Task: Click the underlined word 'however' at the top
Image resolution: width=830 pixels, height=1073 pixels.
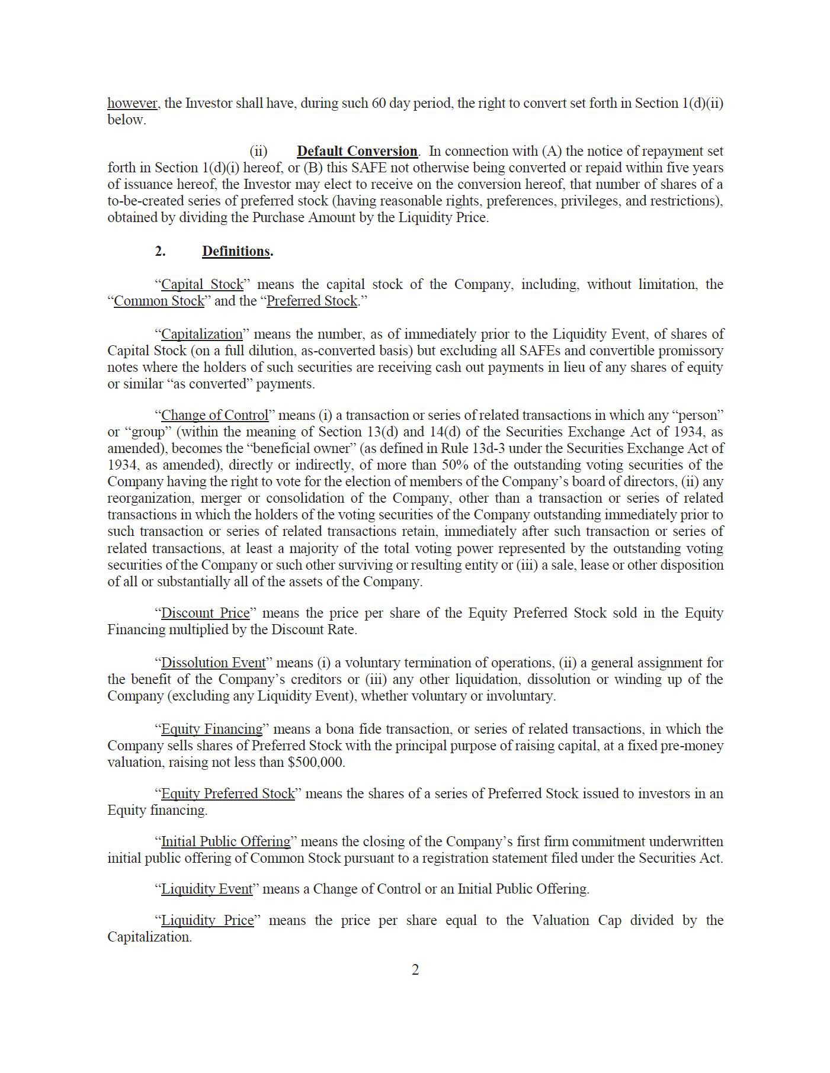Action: point(132,103)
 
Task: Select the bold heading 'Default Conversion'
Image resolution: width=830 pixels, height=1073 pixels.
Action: point(357,151)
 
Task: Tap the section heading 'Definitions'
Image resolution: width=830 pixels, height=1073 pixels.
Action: point(236,251)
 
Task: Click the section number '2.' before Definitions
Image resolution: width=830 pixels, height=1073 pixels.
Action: point(160,251)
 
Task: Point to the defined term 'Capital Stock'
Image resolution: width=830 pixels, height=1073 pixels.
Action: point(202,284)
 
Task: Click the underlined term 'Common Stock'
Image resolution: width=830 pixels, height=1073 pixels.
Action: point(159,301)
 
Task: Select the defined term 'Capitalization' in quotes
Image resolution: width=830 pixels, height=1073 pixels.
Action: point(202,334)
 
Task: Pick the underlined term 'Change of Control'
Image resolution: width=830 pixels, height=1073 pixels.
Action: point(214,415)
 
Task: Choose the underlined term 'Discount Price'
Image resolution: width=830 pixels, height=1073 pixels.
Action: point(206,613)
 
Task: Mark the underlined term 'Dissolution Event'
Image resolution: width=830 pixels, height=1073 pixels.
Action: point(213,663)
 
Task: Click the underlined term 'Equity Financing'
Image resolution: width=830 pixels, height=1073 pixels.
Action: point(211,729)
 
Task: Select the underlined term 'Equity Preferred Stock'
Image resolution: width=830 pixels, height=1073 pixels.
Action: point(227,793)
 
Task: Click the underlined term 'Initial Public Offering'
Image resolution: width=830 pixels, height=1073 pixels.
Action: point(226,841)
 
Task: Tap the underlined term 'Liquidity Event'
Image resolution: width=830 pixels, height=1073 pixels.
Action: point(207,889)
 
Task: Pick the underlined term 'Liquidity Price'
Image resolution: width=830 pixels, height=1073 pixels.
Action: point(207,920)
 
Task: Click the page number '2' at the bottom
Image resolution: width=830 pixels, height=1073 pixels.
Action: point(415,970)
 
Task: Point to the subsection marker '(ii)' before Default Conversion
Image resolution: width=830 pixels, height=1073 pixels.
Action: point(258,151)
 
